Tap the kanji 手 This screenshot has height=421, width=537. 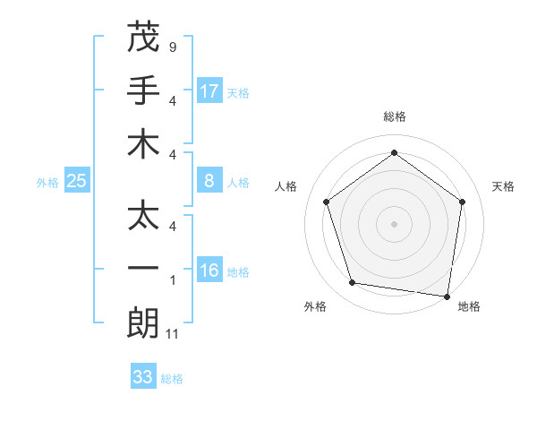point(143,90)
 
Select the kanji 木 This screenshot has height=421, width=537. point(143,144)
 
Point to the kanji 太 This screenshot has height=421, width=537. point(143,214)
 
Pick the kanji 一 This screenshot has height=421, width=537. point(143,269)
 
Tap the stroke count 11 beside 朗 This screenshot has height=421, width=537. point(174,335)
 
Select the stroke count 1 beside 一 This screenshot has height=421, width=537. point(173,279)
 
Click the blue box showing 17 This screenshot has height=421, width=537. point(209,90)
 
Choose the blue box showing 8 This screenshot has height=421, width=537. point(209,182)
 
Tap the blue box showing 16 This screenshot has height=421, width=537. point(209,271)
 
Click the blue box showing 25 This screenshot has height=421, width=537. point(77,182)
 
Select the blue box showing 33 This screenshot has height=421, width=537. point(143,377)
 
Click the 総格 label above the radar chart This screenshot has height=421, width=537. point(395,116)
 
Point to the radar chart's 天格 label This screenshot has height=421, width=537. point(503,186)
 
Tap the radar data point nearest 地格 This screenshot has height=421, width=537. point(447,296)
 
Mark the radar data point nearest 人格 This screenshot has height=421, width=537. point(327,202)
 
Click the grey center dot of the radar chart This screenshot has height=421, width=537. point(395,223)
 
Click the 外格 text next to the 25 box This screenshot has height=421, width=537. point(47,183)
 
